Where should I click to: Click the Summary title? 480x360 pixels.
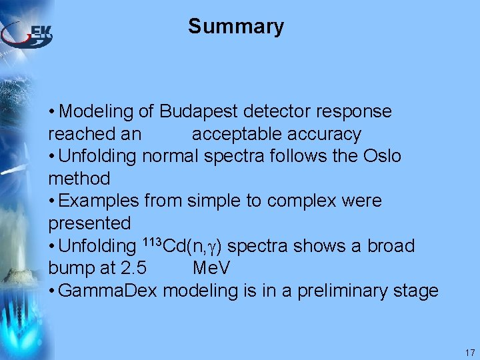click(236, 27)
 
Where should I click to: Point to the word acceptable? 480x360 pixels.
click(237, 135)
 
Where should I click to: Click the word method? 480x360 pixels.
click(79, 179)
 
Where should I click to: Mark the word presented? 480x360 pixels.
click(89, 223)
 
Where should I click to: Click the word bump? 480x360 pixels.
click(70, 269)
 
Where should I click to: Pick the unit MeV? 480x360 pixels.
click(211, 269)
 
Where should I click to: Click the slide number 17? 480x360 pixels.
click(469, 353)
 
